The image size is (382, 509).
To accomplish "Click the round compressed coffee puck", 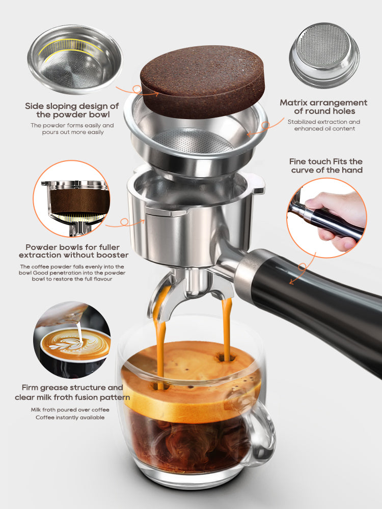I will [x=202, y=81].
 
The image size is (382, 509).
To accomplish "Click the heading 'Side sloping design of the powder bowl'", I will [x=72, y=110].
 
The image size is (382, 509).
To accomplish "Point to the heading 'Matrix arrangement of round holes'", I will [x=323, y=107].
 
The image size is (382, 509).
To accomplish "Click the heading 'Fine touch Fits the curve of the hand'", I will [x=326, y=165].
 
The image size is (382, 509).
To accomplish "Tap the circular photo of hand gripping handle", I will [x=326, y=216].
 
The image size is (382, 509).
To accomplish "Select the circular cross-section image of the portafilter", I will [x=71, y=199].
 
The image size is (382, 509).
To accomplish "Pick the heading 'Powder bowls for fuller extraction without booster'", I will [x=73, y=250].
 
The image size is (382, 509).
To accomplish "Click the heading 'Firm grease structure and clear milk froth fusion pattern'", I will [x=75, y=392].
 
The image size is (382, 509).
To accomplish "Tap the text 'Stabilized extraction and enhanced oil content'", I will [x=323, y=125].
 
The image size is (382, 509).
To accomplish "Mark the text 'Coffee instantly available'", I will [x=70, y=417].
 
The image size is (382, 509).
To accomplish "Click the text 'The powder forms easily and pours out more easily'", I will [x=72, y=129].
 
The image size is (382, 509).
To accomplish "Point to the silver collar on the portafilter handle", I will [x=251, y=270].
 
